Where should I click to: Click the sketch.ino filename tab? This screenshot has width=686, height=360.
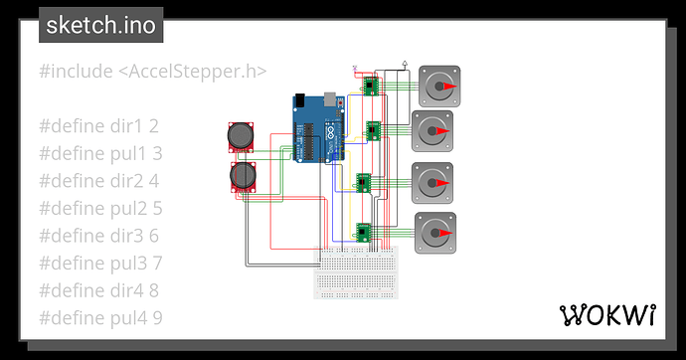click(x=100, y=25)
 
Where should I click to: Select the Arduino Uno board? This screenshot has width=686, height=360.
click(x=317, y=128)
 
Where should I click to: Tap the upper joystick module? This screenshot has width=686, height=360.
click(x=242, y=136)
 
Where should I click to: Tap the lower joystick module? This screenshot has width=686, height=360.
click(x=243, y=177)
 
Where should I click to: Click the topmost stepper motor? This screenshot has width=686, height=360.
click(x=438, y=87)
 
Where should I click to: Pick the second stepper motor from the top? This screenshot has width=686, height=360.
click(x=432, y=130)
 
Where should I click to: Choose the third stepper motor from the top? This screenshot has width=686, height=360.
click(x=432, y=182)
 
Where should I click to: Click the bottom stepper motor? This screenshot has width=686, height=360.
click(x=435, y=232)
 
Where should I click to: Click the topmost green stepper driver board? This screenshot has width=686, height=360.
click(x=370, y=86)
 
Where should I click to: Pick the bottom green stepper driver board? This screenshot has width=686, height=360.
click(x=364, y=231)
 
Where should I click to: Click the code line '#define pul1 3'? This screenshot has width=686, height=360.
click(x=100, y=153)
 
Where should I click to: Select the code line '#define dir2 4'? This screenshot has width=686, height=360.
click(x=99, y=181)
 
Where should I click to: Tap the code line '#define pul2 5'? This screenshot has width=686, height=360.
click(x=100, y=209)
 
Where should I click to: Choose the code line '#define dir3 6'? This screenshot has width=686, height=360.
click(x=99, y=236)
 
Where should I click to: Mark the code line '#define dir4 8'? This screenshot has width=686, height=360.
click(x=99, y=290)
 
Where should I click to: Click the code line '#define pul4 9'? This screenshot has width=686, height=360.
click(x=100, y=318)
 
